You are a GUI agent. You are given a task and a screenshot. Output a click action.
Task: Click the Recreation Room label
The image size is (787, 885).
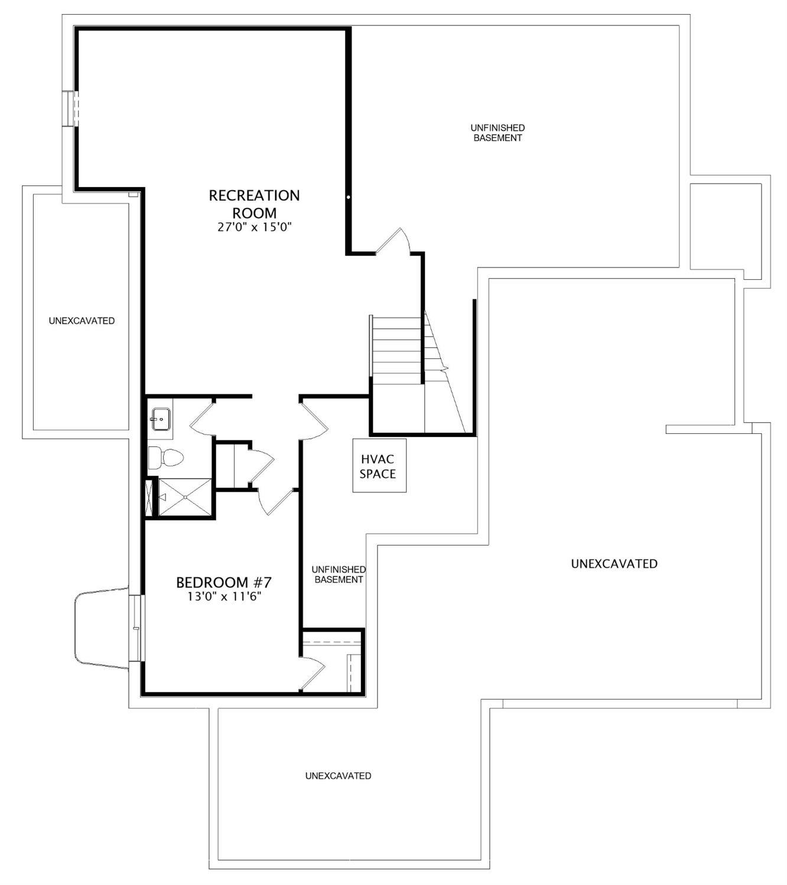coord(254,204)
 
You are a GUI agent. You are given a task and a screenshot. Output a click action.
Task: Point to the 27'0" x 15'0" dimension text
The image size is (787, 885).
coord(255,227)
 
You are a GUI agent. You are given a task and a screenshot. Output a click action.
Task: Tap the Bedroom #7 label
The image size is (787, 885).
coord(224,583)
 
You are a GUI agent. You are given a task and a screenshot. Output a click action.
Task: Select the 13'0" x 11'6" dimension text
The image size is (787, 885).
coord(224,597)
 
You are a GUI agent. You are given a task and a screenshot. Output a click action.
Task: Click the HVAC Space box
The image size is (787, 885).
coord(379,466)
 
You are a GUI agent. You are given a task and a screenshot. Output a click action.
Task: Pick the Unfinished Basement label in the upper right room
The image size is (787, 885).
coord(497,133)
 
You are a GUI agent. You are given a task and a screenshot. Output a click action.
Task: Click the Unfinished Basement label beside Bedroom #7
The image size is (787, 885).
coord(339,574)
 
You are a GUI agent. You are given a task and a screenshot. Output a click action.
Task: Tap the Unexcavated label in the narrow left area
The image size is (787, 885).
coord(82,321)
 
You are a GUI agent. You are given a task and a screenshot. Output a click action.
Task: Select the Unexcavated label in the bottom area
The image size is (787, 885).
coord(338,776)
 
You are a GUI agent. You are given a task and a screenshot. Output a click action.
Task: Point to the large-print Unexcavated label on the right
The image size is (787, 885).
coord(614,564)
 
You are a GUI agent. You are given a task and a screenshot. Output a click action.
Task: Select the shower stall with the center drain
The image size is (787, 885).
coord(185,497)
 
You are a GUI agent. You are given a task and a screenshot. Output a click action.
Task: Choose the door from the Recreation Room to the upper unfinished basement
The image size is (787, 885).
coord(393,242)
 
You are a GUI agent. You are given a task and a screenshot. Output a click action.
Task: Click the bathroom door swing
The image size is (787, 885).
coord(201,419)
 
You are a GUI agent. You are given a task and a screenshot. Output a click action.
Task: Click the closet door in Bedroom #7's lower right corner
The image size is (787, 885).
coord(313,673)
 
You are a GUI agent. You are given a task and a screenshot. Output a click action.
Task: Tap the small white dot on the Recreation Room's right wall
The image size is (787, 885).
coord(349,197)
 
